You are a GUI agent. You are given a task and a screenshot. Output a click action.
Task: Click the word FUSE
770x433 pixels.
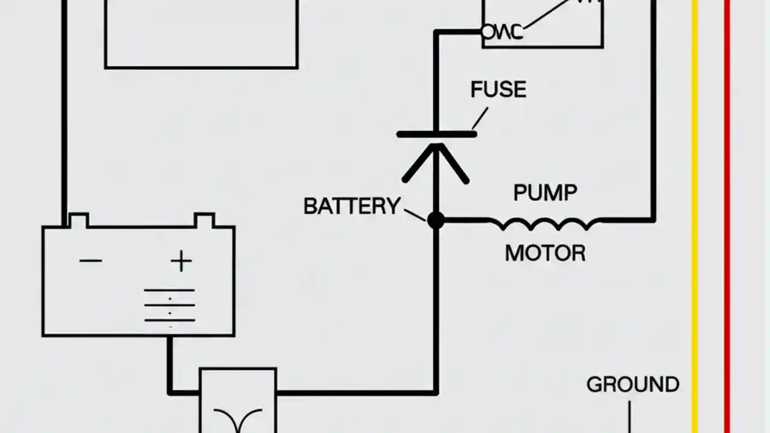[498, 90]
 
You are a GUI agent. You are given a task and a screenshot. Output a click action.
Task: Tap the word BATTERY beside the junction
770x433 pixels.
[351, 207]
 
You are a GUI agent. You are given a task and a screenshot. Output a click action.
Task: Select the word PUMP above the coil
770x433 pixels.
[545, 193]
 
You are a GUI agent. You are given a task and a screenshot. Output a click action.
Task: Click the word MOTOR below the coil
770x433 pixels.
[545, 253]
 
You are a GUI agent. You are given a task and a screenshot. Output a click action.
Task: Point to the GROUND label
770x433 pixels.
[633, 385]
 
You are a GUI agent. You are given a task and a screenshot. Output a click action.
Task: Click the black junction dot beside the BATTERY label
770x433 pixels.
[436, 220]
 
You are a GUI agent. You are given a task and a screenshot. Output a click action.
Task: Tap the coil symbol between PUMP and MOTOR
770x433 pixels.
[544, 224]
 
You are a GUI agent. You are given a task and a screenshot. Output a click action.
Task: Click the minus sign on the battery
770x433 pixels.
[91, 260]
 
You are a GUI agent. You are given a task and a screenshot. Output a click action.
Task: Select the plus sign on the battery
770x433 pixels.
[180, 261]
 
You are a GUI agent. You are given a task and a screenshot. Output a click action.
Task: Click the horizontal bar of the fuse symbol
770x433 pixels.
[437, 134]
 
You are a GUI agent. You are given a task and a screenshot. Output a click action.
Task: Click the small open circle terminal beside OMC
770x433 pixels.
[487, 31]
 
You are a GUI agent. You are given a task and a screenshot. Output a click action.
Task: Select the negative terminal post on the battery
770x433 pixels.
[79, 220]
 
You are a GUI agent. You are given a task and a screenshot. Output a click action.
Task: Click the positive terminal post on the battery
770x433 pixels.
[204, 220]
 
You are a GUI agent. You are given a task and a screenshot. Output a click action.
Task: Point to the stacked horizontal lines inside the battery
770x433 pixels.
[170, 305]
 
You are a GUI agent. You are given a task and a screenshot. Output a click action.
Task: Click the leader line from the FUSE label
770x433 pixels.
[479, 119]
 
